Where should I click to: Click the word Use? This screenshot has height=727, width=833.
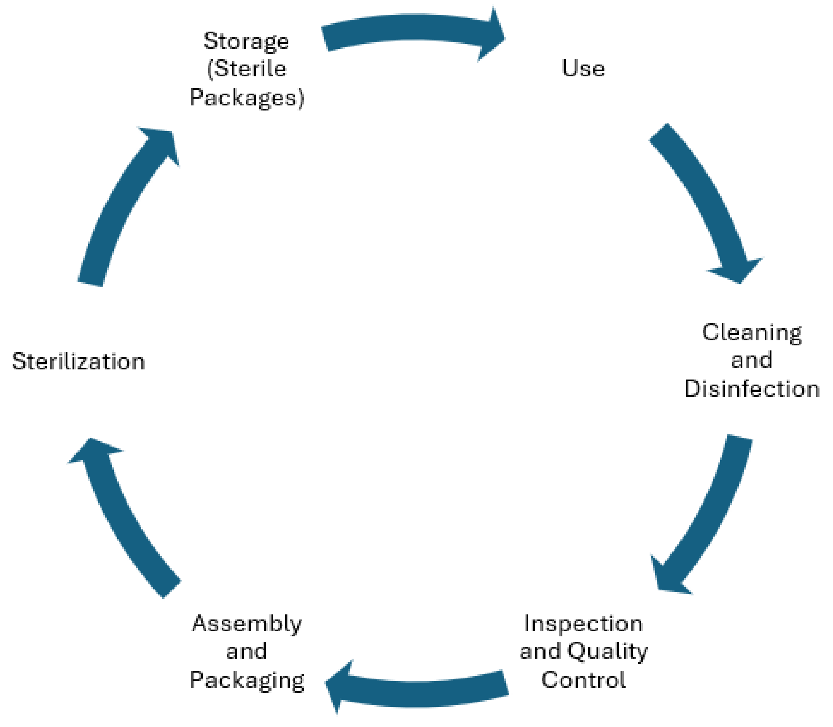pos(583,68)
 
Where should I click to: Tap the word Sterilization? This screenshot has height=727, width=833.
pos(78,361)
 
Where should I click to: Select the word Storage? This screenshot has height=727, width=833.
pos(246,42)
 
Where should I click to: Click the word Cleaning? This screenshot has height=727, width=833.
pos(752,333)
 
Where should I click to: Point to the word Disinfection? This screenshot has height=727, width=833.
pos(752,389)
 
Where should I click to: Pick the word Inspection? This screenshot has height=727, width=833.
pos(583,624)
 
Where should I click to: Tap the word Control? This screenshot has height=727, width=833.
pos(583,680)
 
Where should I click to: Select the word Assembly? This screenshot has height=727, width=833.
pos(247,624)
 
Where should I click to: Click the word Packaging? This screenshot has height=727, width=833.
pos(247,681)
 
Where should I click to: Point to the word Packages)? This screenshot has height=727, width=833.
pos(247,98)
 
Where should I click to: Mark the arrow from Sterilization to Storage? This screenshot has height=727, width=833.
pos(122,202)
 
